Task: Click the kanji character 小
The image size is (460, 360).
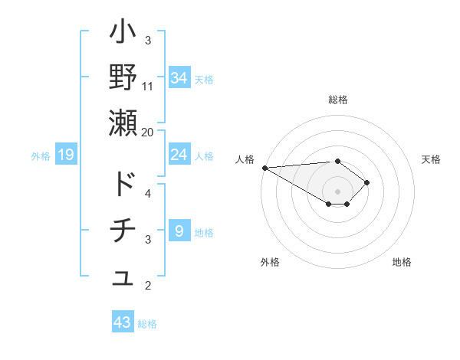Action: [x=123, y=36]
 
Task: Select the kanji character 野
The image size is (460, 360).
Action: [x=123, y=78]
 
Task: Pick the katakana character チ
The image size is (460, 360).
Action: [x=123, y=231]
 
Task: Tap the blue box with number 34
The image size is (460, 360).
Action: [x=179, y=77]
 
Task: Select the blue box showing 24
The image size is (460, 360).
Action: [x=179, y=155]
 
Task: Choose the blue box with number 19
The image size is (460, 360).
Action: [x=66, y=155]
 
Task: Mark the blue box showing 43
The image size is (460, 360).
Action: [x=123, y=322]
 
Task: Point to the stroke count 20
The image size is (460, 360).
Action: [x=148, y=132]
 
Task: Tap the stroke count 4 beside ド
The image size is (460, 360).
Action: [x=148, y=193]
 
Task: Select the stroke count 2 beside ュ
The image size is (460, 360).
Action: [x=148, y=286]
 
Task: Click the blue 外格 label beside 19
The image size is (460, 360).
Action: [x=41, y=156]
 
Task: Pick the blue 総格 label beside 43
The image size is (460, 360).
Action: [x=147, y=324]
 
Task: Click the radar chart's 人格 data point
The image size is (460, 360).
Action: [x=264, y=168]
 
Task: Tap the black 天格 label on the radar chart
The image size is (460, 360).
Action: [x=432, y=159]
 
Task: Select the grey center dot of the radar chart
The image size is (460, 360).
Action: [x=337, y=191]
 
